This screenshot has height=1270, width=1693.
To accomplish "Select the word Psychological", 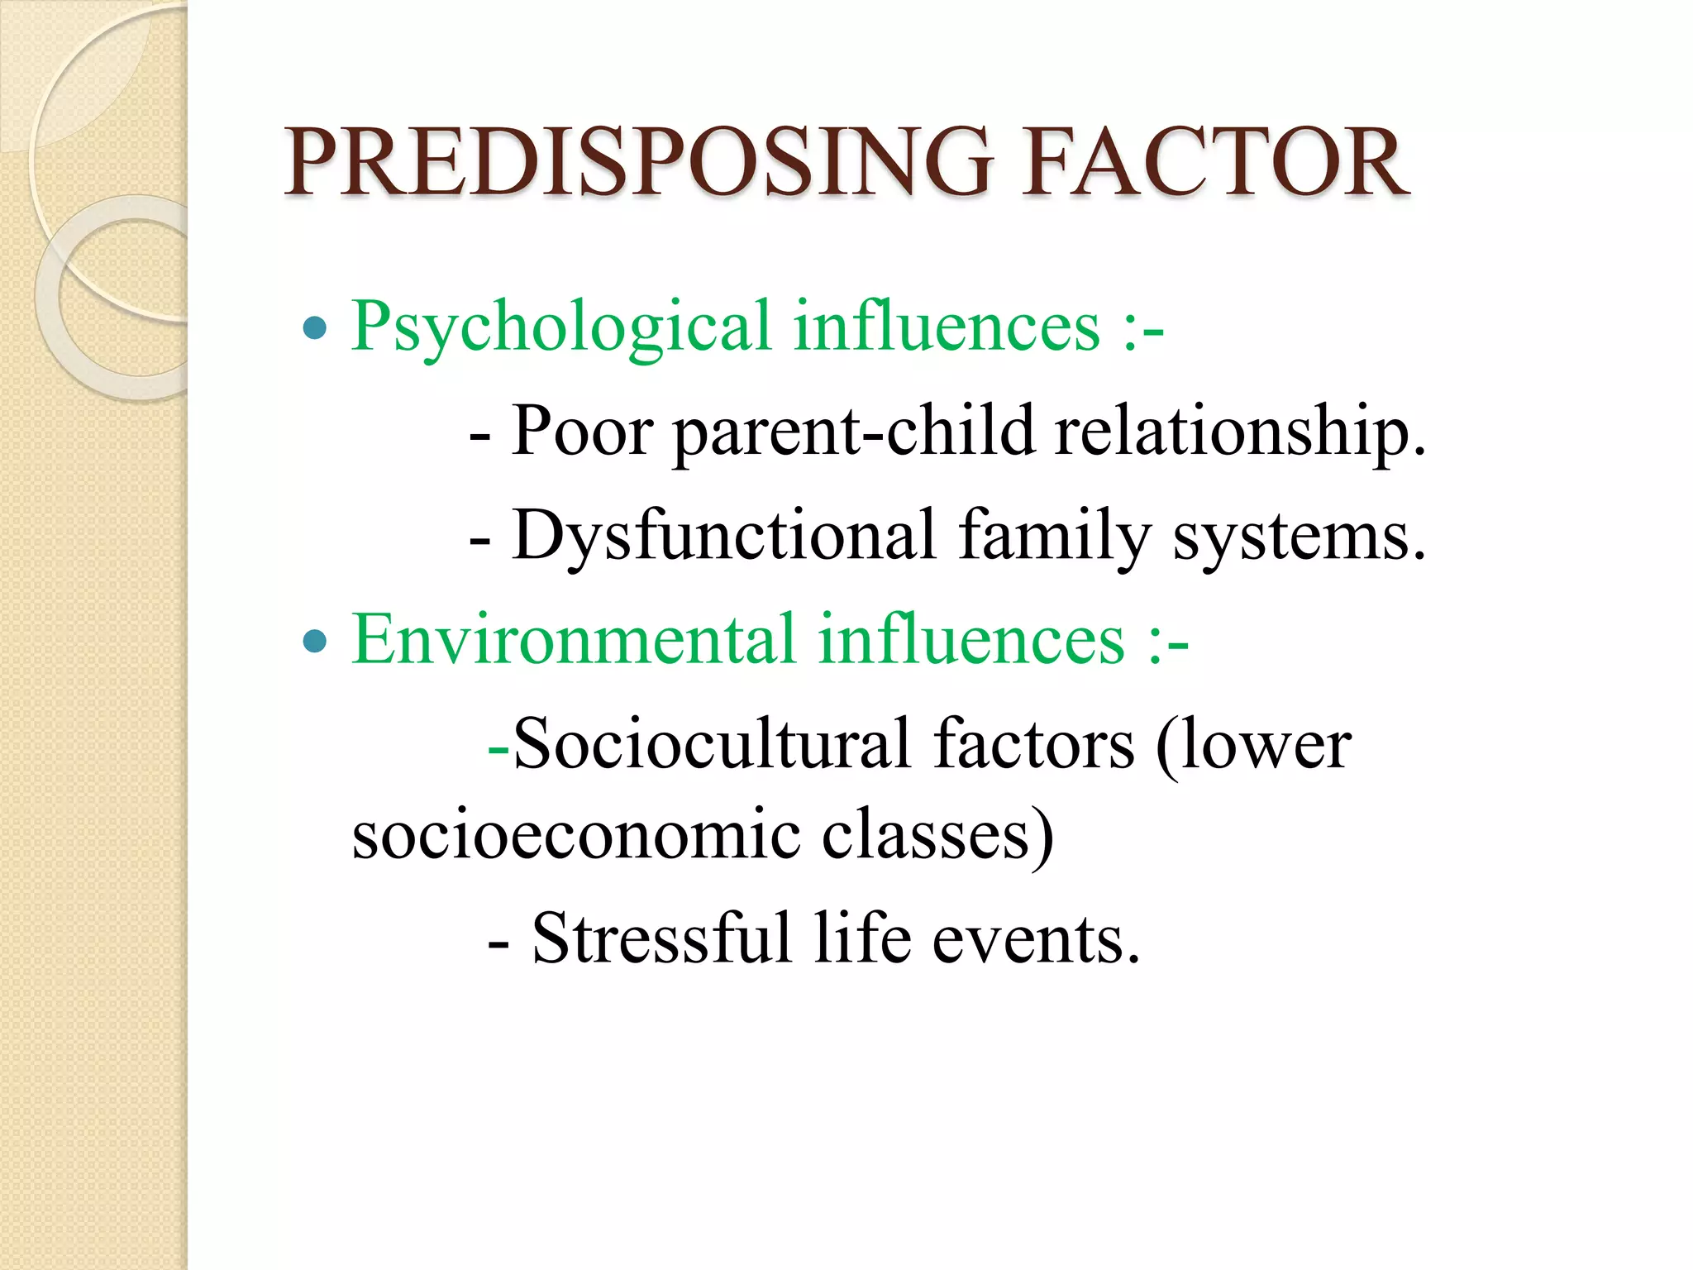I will coord(561,327).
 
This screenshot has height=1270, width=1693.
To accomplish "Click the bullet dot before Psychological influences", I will coord(315,329).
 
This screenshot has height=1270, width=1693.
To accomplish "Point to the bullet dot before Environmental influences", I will coord(315,641).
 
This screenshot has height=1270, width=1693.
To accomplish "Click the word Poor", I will coord(583,431).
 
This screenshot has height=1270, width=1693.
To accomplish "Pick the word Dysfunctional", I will coord(724,537).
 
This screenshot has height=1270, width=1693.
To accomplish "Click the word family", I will coord(1054,537).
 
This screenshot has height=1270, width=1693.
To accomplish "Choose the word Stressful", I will coord(661,938).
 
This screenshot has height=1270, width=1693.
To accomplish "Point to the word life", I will coord(862,938).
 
